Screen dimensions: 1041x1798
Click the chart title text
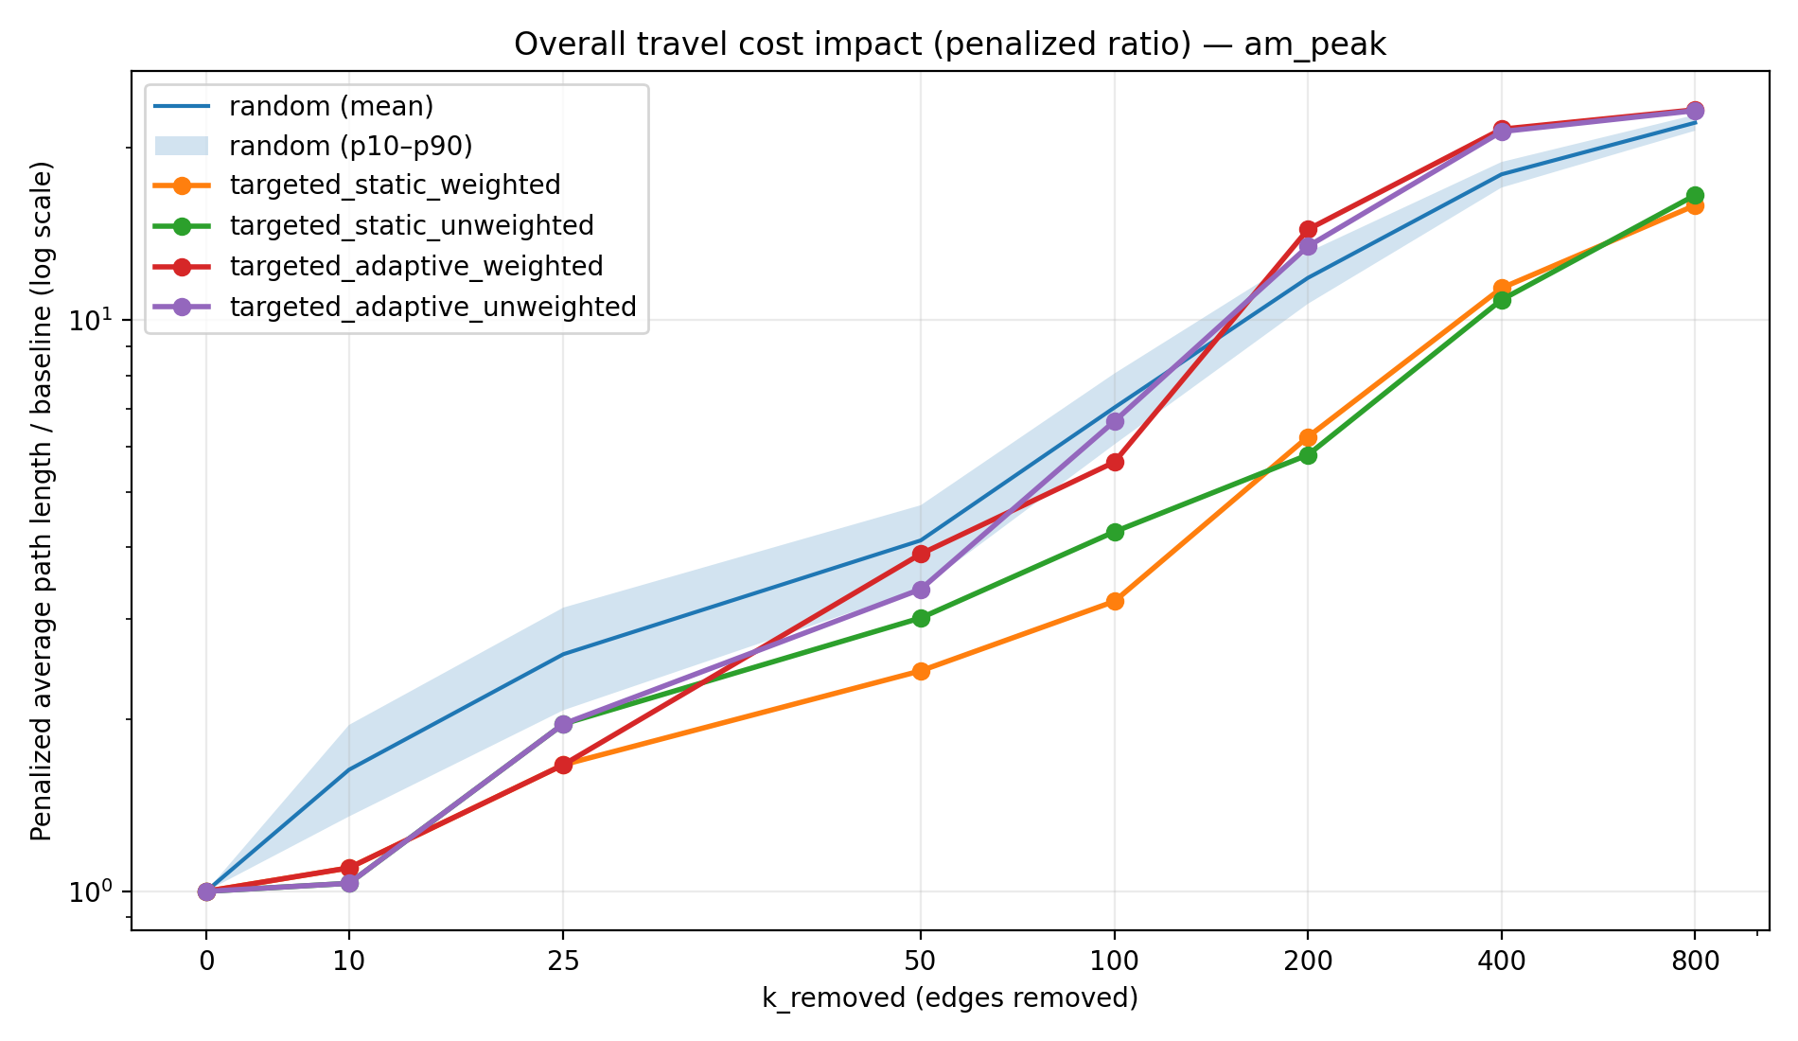[x=949, y=44]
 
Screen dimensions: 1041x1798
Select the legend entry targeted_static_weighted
[x=395, y=185]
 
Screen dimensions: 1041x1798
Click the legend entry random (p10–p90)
[x=350, y=146]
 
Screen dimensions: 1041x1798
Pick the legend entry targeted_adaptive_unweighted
[x=432, y=307]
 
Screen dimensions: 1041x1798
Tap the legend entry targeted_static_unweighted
[x=412, y=225]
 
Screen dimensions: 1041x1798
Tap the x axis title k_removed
[x=949, y=997]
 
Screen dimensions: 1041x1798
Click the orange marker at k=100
[x=1115, y=601]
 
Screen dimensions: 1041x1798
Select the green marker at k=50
[x=921, y=618]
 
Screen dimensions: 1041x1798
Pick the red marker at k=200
[x=1308, y=229]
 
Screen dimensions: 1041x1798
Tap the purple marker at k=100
[x=1115, y=421]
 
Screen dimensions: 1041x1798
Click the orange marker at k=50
[x=921, y=671]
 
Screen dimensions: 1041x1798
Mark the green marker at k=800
[x=1694, y=195]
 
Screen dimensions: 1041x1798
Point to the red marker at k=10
[x=349, y=867]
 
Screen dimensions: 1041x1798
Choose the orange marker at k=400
[x=1501, y=288]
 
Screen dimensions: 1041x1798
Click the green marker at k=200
[x=1308, y=455]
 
